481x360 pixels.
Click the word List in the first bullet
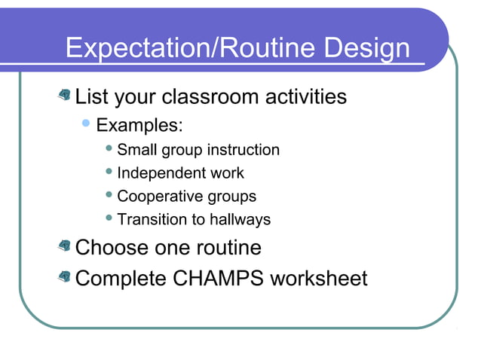point(91,96)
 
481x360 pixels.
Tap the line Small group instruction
point(198,150)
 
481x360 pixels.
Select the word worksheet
point(319,279)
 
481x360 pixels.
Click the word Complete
point(121,279)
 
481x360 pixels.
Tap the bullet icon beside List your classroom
point(65,96)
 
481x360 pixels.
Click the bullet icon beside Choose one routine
point(65,246)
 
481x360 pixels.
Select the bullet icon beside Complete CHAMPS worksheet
point(65,278)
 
